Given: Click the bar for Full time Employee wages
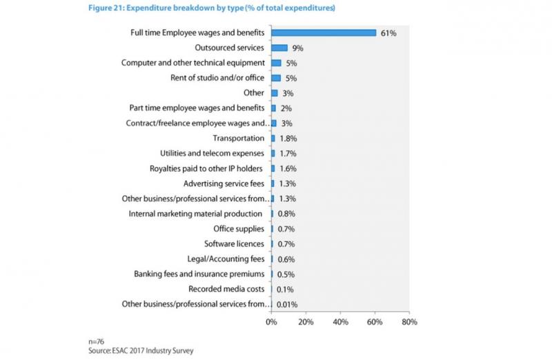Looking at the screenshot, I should tap(324, 32).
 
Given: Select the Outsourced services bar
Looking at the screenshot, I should tap(279, 48).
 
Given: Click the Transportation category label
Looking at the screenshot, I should tap(236, 138).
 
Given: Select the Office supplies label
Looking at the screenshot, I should tap(239, 228).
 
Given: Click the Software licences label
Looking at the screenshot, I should tap(234, 243).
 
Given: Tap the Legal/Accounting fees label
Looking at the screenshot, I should tap(225, 259).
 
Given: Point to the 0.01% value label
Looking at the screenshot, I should tap(286, 303).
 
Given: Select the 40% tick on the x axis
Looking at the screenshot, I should tap(340, 321).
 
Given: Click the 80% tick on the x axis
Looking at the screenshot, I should tap(409, 321).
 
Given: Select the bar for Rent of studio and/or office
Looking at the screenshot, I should tap(276, 78).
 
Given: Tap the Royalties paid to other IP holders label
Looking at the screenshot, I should tap(206, 168).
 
